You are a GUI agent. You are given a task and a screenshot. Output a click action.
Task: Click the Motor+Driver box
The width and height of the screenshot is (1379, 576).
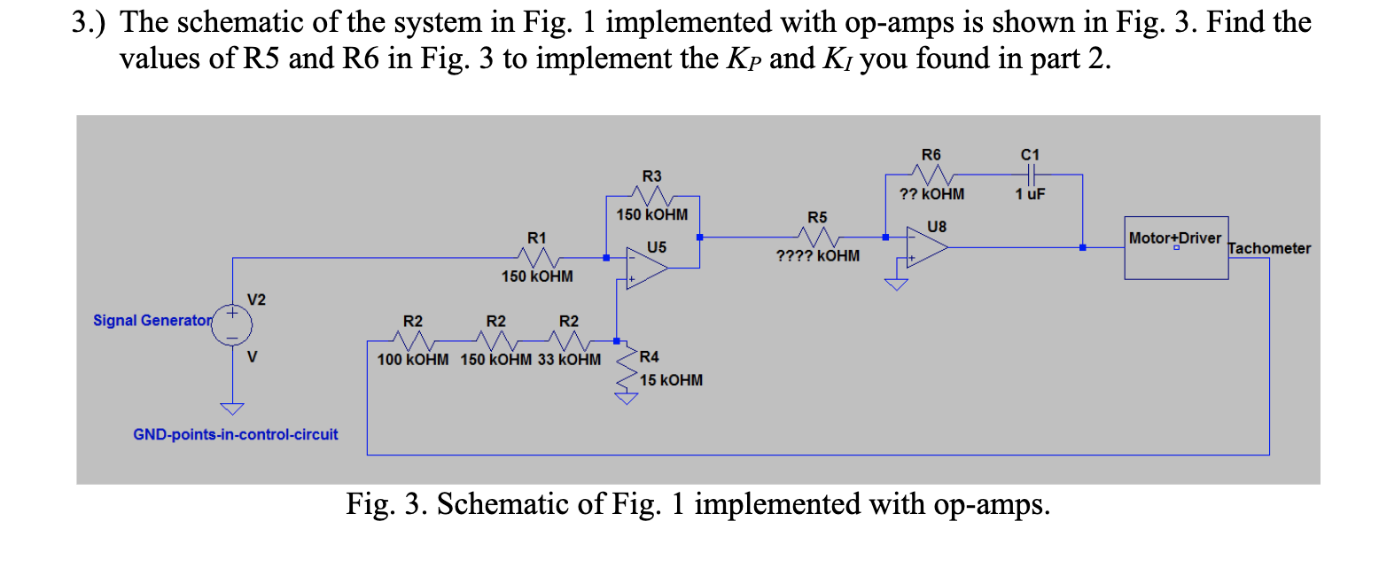(x=1176, y=247)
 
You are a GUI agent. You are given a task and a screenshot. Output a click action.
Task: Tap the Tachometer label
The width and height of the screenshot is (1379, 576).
(x=1269, y=248)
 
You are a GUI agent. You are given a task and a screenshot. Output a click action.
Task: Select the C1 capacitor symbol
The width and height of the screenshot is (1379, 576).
(x=1030, y=175)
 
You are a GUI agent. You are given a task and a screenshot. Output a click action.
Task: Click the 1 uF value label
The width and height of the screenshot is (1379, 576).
(x=1030, y=194)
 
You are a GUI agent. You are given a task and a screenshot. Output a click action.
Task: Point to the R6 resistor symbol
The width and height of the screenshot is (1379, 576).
(x=931, y=175)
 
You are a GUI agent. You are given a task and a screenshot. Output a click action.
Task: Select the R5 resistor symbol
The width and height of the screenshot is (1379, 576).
(x=818, y=237)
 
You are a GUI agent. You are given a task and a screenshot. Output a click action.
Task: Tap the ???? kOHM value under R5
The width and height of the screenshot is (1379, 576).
(x=817, y=256)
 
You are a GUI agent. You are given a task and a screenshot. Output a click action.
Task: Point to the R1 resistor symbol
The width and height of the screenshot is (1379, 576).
(x=537, y=258)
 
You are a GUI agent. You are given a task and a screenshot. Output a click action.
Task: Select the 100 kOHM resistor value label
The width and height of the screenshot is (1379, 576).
(x=413, y=360)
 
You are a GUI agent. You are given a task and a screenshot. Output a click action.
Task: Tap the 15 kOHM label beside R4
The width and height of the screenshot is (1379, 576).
(x=671, y=380)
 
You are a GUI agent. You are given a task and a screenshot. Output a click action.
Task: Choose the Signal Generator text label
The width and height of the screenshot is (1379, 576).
(x=152, y=320)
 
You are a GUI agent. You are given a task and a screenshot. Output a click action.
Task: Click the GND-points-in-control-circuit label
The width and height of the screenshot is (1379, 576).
(x=235, y=434)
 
